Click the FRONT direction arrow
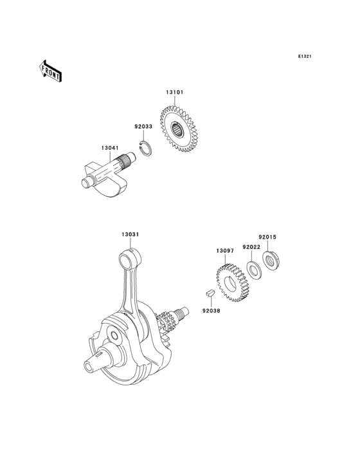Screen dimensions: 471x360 point(50,70)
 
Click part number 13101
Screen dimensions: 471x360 point(175,93)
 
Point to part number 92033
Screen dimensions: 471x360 point(143,127)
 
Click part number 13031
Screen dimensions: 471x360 point(131,235)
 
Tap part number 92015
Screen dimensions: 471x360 point(267,237)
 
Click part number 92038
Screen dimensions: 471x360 point(210,309)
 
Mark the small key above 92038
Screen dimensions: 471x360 point(209,294)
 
